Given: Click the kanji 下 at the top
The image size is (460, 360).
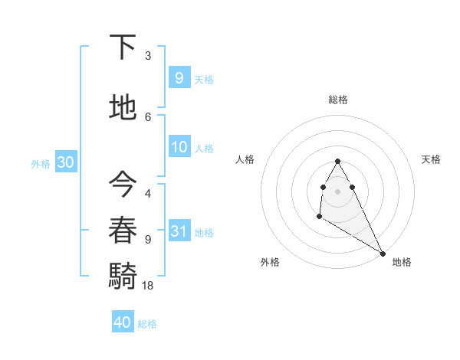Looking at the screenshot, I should tap(122, 47).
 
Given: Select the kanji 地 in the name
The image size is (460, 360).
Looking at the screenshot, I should tap(122, 107).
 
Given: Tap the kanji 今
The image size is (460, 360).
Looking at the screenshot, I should tap(122, 183).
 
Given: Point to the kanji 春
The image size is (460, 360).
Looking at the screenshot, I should tap(122, 230).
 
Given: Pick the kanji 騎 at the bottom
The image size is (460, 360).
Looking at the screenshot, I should tap(122, 275).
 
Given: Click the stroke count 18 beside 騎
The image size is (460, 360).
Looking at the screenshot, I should tap(148, 285).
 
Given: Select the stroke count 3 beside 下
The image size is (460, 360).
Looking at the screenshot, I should tap(148, 55).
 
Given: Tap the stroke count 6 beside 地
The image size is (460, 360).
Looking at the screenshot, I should tap(148, 116).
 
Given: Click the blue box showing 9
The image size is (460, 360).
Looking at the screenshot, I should tap(179, 77).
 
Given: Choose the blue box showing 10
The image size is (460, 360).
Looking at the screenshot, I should tap(179, 148).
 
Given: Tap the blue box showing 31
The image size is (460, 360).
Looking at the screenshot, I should tap(179, 232).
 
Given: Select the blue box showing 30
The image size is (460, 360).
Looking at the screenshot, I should tap(65, 163).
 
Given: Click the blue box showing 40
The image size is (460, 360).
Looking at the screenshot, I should tap(123, 322).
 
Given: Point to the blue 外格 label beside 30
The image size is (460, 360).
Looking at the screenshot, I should tap(41, 164).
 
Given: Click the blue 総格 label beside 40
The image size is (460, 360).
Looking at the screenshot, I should tap(147, 324).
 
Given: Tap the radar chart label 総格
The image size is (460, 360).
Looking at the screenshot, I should tap(338, 100).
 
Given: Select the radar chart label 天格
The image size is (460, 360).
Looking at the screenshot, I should tap(431, 159).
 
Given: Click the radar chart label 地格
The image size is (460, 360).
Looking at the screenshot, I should tap(402, 262).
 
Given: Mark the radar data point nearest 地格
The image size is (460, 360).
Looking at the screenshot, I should tap(383, 253).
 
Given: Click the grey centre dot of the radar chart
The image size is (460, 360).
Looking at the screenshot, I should tap(338, 191).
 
